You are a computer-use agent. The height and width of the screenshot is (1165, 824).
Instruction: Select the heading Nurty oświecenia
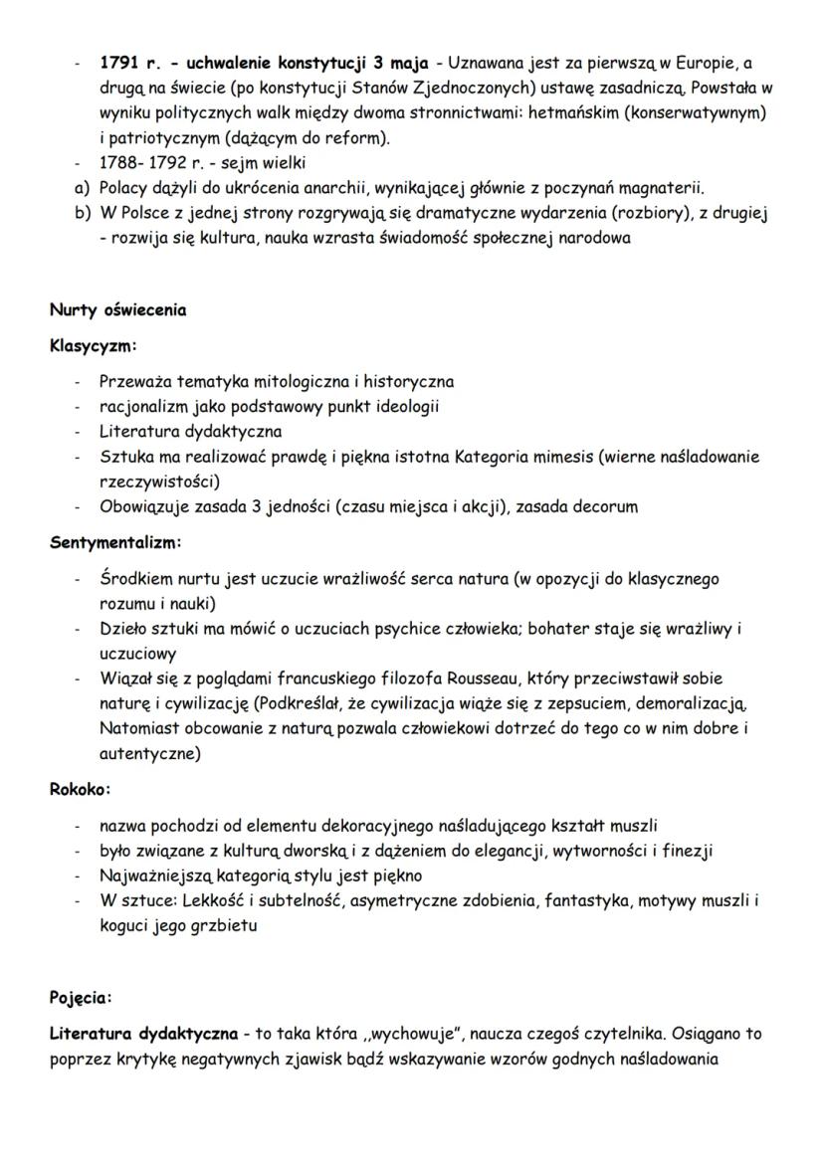(117, 309)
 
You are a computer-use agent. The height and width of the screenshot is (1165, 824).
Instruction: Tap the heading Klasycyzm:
(93, 346)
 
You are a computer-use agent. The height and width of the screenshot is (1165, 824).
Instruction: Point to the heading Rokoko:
(81, 789)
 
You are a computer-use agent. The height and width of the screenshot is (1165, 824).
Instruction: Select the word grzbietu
(232, 925)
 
